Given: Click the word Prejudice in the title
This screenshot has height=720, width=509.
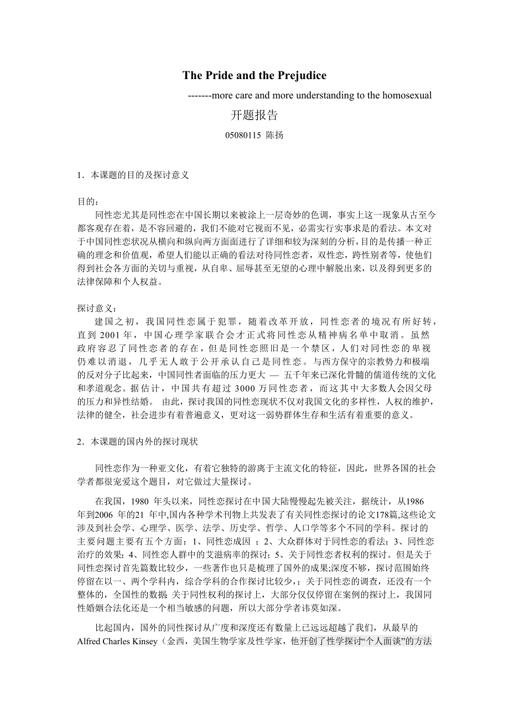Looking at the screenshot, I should click(x=298, y=75).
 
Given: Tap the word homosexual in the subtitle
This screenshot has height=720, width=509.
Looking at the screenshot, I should click(x=407, y=95).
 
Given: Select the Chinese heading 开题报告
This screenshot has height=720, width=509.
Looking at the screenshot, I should click(x=254, y=115).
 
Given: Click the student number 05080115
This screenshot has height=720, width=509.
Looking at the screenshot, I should click(x=243, y=135).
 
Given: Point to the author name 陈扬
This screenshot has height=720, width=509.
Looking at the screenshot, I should click(x=275, y=135).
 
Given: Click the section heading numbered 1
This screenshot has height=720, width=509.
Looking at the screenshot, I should click(x=133, y=175).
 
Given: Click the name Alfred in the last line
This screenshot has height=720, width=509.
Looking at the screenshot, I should click(x=89, y=641).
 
